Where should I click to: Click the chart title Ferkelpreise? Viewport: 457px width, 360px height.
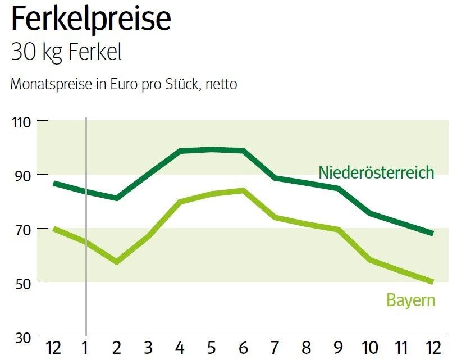(91, 20)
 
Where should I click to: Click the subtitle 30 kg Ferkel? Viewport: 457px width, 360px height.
(66, 52)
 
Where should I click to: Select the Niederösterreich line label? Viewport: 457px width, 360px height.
(376, 172)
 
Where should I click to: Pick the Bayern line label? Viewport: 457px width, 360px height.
(410, 300)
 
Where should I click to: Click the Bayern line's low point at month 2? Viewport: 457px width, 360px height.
(117, 262)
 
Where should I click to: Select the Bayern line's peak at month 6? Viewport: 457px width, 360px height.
(243, 190)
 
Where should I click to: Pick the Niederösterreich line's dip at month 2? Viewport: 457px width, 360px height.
(117, 198)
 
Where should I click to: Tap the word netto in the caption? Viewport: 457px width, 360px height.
(221, 85)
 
